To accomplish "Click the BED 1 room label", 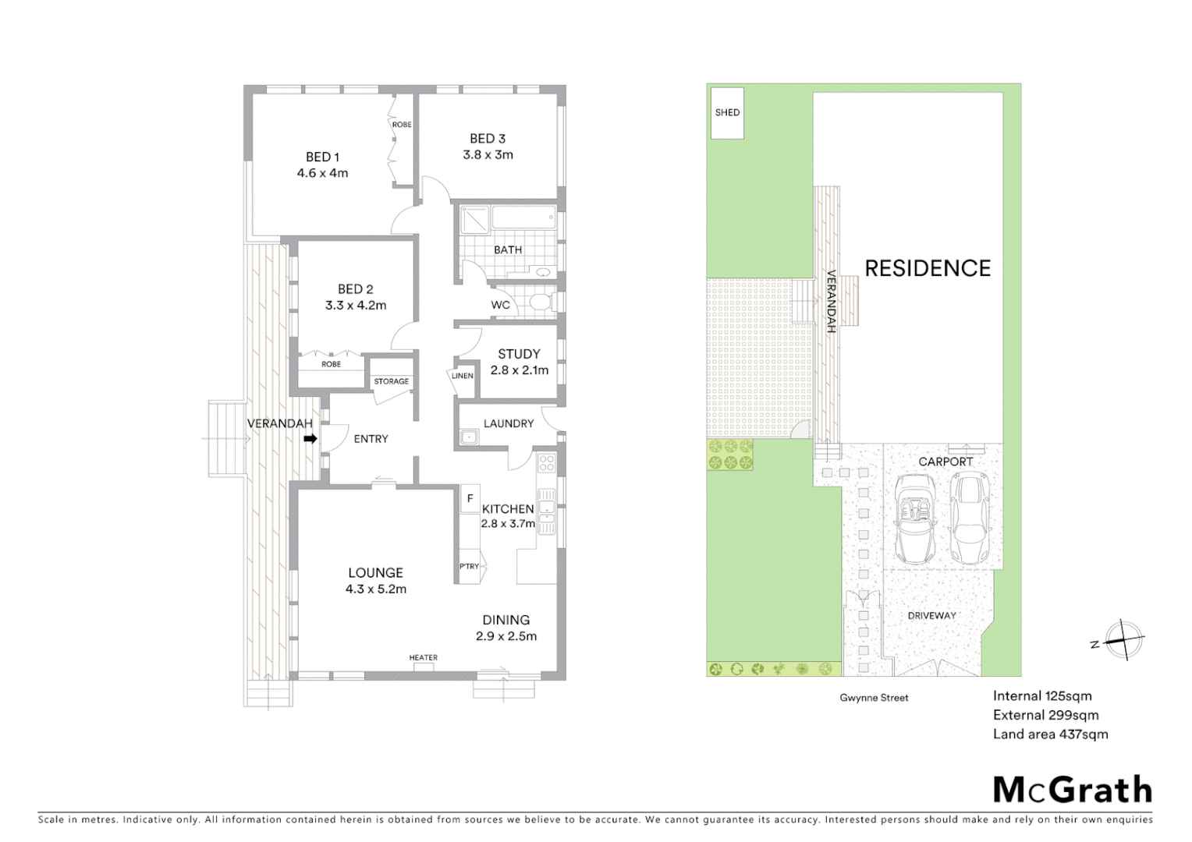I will [x=322, y=157].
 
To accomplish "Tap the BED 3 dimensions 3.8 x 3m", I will [x=488, y=154].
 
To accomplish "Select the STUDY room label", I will [x=519, y=354].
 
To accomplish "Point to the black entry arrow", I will [x=310, y=439].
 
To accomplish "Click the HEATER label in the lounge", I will [x=424, y=658].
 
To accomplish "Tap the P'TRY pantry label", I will [x=469, y=567].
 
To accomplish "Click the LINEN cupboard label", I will [x=462, y=376].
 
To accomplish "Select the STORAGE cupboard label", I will [x=391, y=381].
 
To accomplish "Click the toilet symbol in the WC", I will [x=540, y=302].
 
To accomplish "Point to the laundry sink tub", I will [x=469, y=437].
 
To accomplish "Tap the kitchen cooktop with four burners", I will [x=546, y=465].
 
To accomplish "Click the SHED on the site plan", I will [x=727, y=113].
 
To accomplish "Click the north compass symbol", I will [x=1123, y=641].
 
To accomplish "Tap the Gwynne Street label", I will [x=874, y=698].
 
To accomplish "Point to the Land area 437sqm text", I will [x=1050, y=734].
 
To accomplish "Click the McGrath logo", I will [x=1072, y=790].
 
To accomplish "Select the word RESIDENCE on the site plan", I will [x=928, y=268].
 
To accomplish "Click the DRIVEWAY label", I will [x=931, y=616].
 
